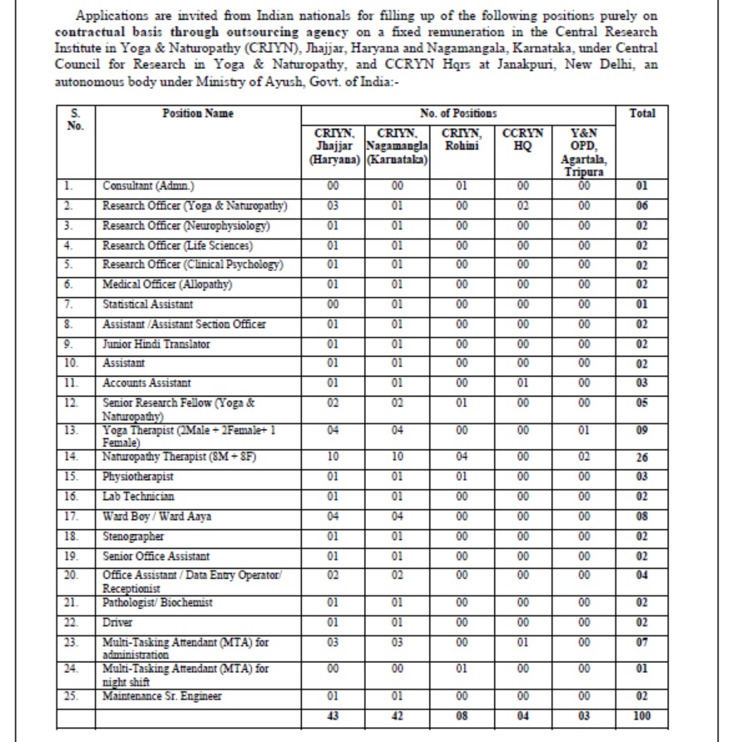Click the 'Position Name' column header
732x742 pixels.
(197, 114)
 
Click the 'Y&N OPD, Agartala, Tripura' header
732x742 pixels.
(584, 151)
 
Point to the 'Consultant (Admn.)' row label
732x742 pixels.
(149, 186)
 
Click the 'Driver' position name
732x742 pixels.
(117, 621)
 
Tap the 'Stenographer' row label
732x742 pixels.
(133, 537)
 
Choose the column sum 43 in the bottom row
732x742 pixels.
(334, 715)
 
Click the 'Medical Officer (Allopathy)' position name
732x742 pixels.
(167, 284)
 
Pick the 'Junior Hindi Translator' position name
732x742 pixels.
(156, 344)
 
